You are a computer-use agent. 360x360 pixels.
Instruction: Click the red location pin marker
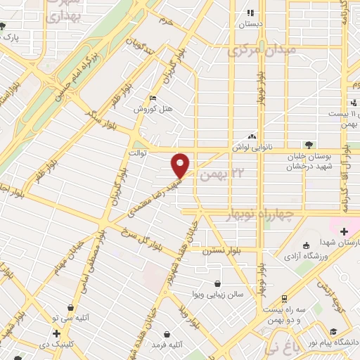click(x=181, y=165)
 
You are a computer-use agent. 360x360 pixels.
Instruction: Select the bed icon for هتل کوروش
click(x=153, y=98)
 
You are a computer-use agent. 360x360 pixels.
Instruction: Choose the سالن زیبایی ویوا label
click(x=219, y=295)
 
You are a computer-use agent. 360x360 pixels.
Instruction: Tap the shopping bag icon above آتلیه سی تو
click(x=70, y=307)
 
